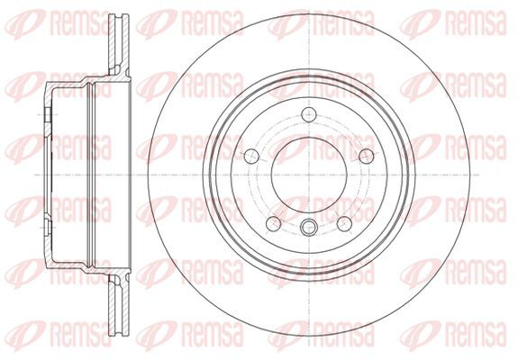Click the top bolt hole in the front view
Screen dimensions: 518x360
point(309,114)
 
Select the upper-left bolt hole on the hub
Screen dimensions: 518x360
point(251,156)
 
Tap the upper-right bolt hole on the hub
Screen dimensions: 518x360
point(367,156)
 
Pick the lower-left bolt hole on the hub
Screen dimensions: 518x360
point(274,224)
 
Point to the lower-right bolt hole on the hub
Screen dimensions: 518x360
point(344,224)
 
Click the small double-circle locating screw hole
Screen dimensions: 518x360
point(308,228)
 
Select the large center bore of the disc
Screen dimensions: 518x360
point(309,175)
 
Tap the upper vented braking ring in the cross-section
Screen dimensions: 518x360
point(119,44)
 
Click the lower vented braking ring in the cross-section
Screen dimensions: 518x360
point(119,304)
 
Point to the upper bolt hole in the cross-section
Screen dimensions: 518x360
point(47,114)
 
